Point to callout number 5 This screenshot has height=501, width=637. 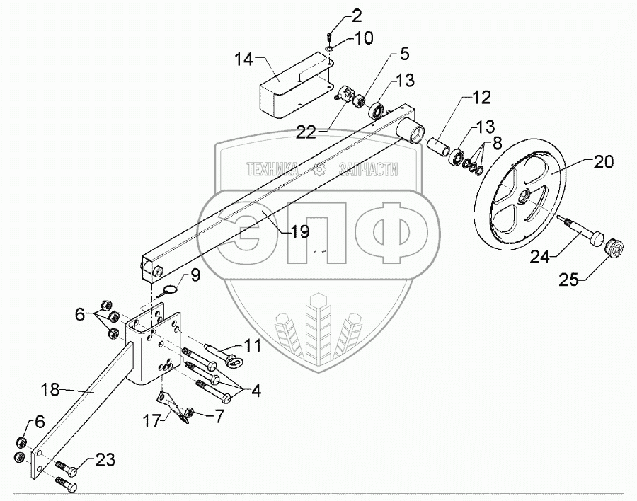[x=403, y=54]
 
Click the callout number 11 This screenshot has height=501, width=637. [x=253, y=346]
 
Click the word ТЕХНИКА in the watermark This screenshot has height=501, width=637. [x=273, y=168]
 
